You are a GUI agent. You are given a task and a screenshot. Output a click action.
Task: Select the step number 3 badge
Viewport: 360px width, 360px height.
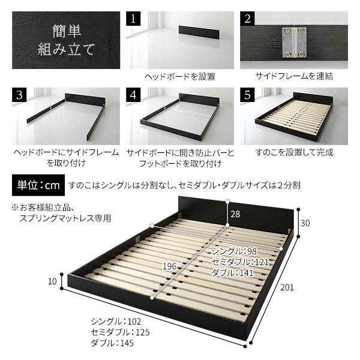coord(19,95)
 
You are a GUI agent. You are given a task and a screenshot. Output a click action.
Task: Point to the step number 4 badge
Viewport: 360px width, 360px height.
coord(133,95)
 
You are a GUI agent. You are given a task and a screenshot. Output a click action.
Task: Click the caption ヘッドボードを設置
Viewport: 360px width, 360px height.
coord(179,76)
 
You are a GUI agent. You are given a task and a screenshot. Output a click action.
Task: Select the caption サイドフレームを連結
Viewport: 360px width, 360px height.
coord(294,76)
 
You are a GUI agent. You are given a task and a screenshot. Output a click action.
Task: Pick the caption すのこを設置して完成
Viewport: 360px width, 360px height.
coord(294,152)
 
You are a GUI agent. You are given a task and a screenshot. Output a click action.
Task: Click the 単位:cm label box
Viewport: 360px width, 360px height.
coord(38,185)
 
